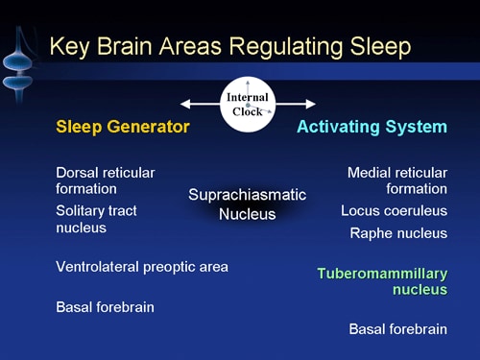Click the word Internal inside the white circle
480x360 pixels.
[x=248, y=97]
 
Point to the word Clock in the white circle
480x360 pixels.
[x=248, y=111]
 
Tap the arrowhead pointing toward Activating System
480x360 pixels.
[x=310, y=104]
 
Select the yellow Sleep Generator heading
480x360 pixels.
[x=123, y=127]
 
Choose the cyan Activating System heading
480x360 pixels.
[x=372, y=127]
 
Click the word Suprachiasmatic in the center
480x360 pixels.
[x=247, y=195]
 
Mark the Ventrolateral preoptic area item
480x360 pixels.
[x=142, y=267]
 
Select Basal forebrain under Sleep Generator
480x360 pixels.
[x=105, y=307]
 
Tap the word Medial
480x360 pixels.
[x=370, y=172]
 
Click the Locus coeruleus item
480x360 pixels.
[x=394, y=210]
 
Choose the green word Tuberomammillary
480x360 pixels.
[x=382, y=273]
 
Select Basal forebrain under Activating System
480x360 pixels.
[x=397, y=329]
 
